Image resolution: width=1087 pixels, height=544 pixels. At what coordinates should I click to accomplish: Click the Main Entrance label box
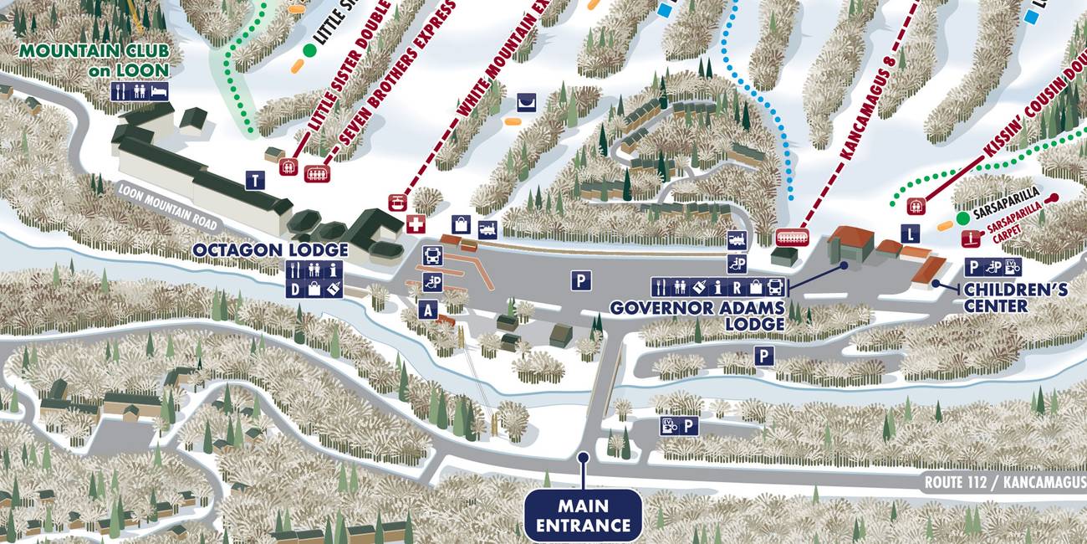pyautogui.click(x=583, y=516)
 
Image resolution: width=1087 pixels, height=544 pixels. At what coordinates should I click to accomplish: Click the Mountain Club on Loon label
pyautogui.click(x=94, y=60)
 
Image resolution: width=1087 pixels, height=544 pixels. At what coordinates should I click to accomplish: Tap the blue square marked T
pyautogui.click(x=255, y=179)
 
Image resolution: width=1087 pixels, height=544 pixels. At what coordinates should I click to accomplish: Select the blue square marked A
pyautogui.click(x=428, y=310)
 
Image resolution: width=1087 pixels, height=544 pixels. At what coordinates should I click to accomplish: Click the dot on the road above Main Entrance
pyautogui.click(x=583, y=458)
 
